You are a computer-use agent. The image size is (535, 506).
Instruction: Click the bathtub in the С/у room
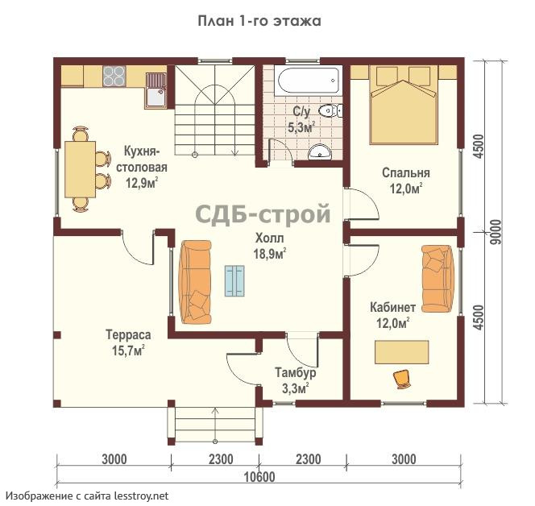click(x=310, y=81)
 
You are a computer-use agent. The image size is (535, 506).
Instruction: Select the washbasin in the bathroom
click(x=320, y=151)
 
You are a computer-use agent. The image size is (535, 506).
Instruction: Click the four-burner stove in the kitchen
click(x=114, y=76)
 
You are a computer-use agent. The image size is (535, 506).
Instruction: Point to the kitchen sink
click(x=156, y=90)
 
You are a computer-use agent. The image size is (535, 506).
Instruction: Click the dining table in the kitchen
click(x=81, y=169)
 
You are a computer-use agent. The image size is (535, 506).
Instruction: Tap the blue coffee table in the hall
click(x=234, y=280)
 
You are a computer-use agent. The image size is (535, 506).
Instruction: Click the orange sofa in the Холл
click(x=196, y=282)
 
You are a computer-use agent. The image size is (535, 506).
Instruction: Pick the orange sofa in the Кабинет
click(x=438, y=279)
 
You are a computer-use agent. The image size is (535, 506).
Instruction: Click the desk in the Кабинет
click(x=401, y=352)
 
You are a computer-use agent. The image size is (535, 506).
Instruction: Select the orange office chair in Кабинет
click(x=402, y=379)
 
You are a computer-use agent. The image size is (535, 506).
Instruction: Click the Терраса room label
click(x=128, y=334)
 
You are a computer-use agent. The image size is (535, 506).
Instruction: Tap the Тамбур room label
click(x=296, y=372)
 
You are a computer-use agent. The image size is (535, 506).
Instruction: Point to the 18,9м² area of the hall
click(x=270, y=254)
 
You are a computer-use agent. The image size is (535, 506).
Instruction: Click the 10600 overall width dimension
click(x=259, y=477)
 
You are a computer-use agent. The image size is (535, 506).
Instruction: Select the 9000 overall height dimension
click(x=496, y=232)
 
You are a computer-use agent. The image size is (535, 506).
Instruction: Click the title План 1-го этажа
click(x=259, y=21)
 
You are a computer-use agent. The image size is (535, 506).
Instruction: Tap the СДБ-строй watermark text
click(x=263, y=214)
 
